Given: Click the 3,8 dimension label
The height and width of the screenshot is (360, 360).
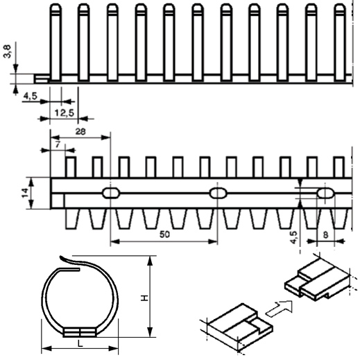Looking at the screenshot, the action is coord(8,51).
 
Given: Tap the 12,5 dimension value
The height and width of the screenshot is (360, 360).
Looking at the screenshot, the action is coord(65,113).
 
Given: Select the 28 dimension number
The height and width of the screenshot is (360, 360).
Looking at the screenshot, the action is coord(80,132).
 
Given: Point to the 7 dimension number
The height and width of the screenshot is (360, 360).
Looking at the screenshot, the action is coord(58,145).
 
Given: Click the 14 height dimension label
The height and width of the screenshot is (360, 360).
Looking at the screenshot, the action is coord(25,193).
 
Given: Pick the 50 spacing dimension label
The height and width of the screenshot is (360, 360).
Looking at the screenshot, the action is coord(164,234).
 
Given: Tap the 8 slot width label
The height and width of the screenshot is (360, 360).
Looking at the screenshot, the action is coord(325,235).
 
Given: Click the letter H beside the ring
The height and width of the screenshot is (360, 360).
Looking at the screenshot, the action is coord(145,298).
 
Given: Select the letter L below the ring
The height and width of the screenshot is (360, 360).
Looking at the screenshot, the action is coord(80,344).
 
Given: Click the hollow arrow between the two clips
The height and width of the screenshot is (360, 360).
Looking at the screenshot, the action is coord(280,309).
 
